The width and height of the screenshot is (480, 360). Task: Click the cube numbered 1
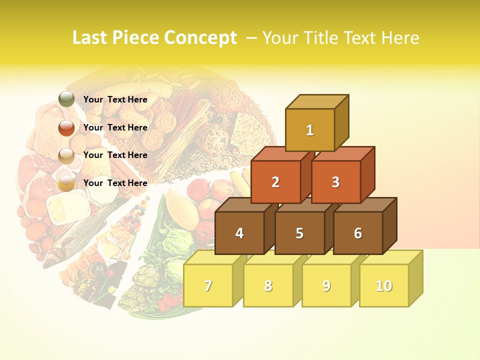coord(310,130)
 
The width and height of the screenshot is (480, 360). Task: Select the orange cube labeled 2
coord(275,182)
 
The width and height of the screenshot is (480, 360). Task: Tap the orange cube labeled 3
coord(335,182)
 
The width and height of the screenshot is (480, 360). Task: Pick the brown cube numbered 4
coord(239,233)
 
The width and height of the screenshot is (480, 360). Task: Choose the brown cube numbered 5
coord(299,233)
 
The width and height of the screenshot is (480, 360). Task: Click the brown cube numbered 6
coord(358,233)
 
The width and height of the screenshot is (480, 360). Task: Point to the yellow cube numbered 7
coord(208,286)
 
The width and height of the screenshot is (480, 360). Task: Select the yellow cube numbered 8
coord(268,286)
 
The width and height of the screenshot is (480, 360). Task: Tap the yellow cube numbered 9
coord(326,286)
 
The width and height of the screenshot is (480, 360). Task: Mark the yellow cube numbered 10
coord(384,286)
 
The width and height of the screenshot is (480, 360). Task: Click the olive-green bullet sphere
coord(66,99)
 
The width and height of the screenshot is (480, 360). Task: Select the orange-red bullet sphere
coord(66,128)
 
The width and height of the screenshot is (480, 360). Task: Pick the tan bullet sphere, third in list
coord(66,156)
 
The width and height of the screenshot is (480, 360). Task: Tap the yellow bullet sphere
coord(66,183)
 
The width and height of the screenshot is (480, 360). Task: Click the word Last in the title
coord(90,38)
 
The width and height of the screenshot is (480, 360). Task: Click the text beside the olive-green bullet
coord(115,99)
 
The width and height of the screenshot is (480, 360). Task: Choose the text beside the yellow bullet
coord(115,183)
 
